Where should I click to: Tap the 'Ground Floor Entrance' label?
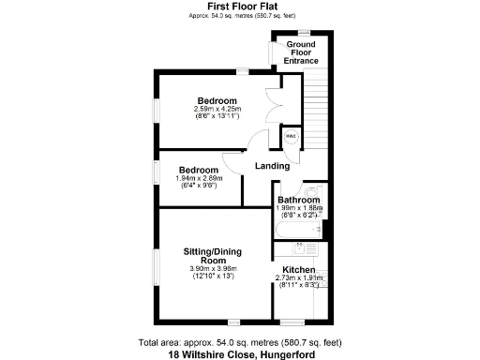301,52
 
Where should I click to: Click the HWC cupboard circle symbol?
292,137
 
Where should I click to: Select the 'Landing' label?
272,166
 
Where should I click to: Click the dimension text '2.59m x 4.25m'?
217,109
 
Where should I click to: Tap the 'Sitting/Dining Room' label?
217,258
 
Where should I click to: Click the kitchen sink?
300,249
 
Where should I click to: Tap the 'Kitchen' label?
299,269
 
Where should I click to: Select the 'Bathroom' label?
299,200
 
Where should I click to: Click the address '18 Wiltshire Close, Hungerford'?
239,354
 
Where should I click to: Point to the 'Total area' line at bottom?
239,343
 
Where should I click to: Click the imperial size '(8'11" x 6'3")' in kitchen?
299,285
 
